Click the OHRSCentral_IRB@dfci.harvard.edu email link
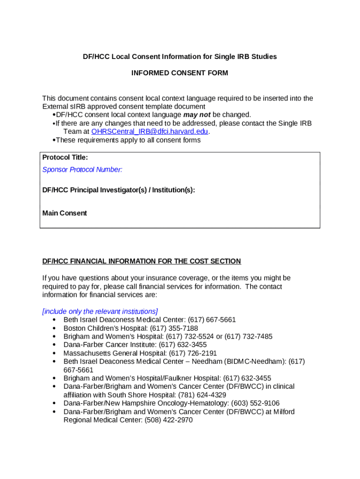(x=150, y=132)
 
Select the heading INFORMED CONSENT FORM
(x=180, y=73)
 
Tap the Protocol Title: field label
(x=65, y=158)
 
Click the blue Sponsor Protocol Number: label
(x=82, y=170)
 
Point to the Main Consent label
(x=65, y=213)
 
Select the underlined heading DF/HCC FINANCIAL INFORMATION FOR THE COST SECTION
(x=142, y=261)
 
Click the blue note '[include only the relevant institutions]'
(x=100, y=312)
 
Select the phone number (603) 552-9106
(x=257, y=403)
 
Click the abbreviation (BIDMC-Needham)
(x=255, y=362)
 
